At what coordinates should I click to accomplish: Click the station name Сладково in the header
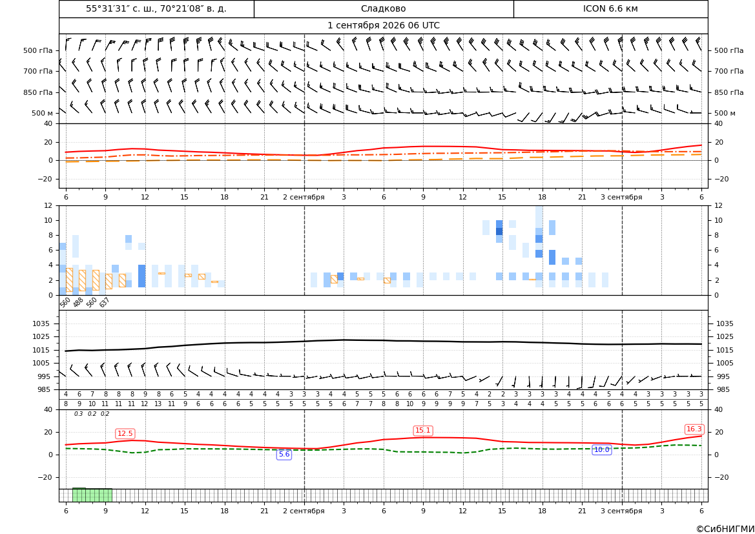point(383,8)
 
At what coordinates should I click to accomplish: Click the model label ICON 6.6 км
point(610,8)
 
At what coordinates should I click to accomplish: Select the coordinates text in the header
point(156,8)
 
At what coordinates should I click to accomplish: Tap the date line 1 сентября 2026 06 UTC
point(383,26)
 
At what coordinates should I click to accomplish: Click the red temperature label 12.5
point(125,433)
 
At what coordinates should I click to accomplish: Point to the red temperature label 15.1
point(423,431)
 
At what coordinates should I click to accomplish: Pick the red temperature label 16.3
point(694,429)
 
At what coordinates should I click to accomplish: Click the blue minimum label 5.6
point(284,454)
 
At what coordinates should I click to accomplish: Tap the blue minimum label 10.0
point(601,449)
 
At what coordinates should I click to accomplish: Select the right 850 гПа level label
point(729,92)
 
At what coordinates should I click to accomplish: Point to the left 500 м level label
point(42,113)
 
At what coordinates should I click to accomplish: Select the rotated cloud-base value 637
point(105,302)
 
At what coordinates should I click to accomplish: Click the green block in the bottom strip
point(92,495)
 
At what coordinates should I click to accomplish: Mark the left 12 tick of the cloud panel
point(48,205)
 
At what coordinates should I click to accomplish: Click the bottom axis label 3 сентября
point(621,511)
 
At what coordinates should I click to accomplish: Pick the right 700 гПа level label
point(729,71)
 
